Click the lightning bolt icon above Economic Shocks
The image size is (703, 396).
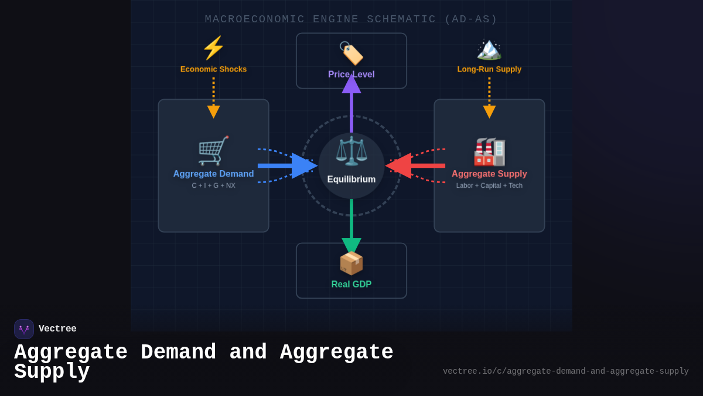[x=213, y=48]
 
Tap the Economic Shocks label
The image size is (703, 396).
[x=213, y=69]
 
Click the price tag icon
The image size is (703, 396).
[x=351, y=53]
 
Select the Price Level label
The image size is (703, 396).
[x=351, y=75]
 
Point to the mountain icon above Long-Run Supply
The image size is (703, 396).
[x=489, y=49]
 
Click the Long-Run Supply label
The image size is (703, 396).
[x=489, y=69]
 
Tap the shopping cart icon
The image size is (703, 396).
[x=213, y=151]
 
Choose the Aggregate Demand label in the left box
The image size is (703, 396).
[x=213, y=174]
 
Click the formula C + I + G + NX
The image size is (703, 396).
[x=213, y=185]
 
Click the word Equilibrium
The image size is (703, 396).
[x=351, y=180]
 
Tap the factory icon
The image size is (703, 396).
[x=489, y=151]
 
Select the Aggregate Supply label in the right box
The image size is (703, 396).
[x=489, y=174]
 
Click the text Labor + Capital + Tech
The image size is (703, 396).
[x=489, y=185]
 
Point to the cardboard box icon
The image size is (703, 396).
[x=351, y=263]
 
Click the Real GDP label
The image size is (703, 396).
[x=351, y=285]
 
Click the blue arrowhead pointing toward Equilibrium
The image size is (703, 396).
[x=304, y=166]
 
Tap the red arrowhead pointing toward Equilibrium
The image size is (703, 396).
[x=399, y=166]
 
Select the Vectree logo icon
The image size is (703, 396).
[x=24, y=329]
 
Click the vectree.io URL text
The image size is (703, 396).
[x=565, y=371]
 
